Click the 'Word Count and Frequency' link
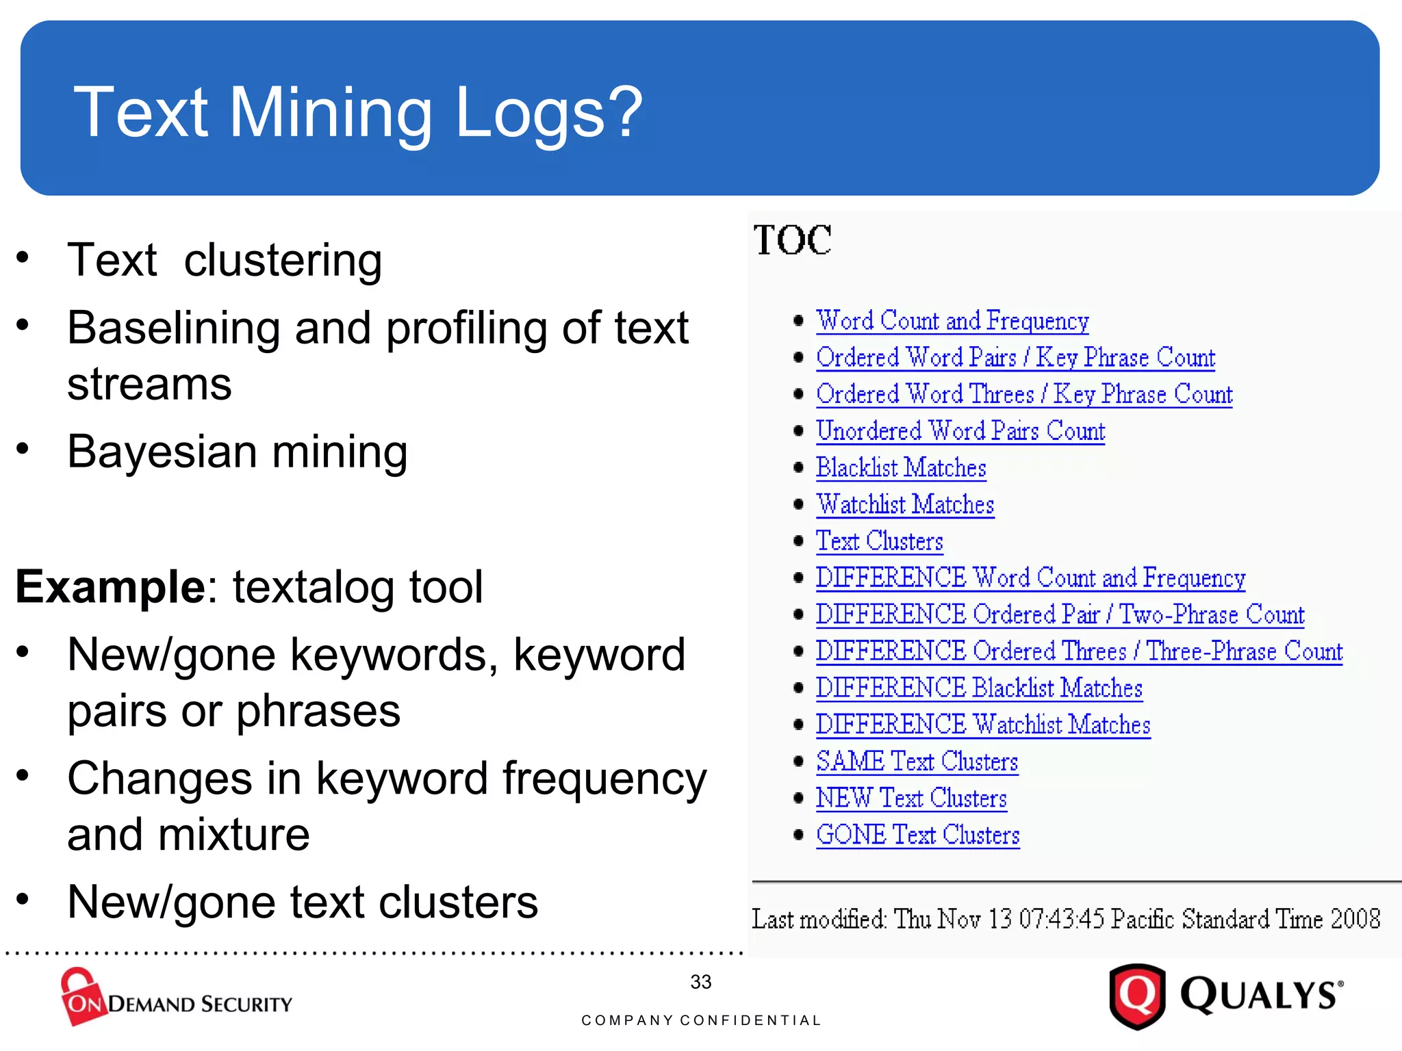(x=952, y=321)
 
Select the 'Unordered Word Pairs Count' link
(x=960, y=431)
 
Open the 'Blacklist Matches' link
(x=901, y=468)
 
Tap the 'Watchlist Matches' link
(x=905, y=505)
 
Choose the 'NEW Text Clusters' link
(x=911, y=799)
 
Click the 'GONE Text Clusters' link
(x=917, y=835)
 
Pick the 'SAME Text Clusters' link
(x=917, y=762)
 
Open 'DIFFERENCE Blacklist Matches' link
(x=979, y=688)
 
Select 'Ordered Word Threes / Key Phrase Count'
(x=1024, y=395)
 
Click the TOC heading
(x=793, y=240)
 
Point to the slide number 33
(x=700, y=982)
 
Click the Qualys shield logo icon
(x=1137, y=996)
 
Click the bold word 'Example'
(x=110, y=587)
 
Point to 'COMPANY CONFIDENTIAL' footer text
(x=701, y=1020)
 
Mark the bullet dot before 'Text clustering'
(x=23, y=258)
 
